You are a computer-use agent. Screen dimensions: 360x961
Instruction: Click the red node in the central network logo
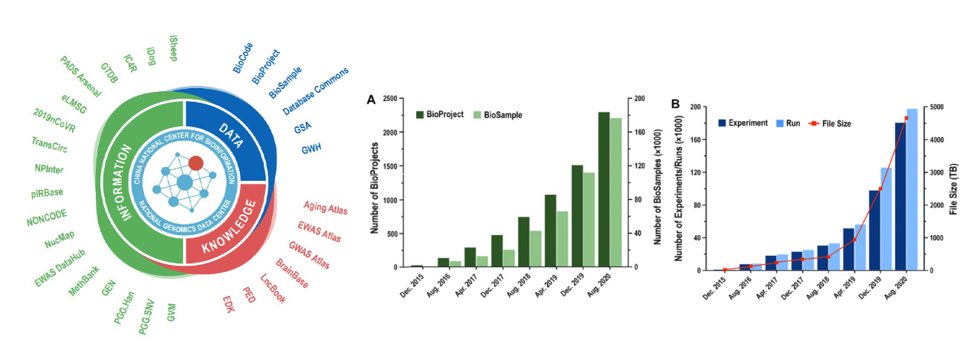[195, 162]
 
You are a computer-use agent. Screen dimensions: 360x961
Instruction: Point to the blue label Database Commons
[316, 91]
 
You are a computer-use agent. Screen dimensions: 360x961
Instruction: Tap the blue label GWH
[311, 147]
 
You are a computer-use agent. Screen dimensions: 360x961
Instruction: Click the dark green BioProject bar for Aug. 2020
[604, 189]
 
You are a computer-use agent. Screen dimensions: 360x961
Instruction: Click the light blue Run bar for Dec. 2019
[887, 218]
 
